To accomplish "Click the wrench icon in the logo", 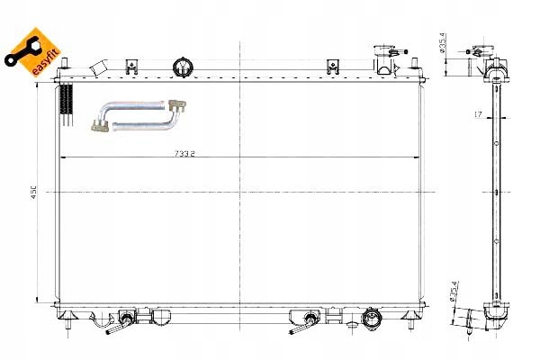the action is pyautogui.click(x=19, y=50).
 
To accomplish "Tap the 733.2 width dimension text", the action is pyautogui.click(x=185, y=153).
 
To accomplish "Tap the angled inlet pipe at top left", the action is pyautogui.click(x=103, y=67).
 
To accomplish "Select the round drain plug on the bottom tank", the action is pyautogui.click(x=369, y=318).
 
